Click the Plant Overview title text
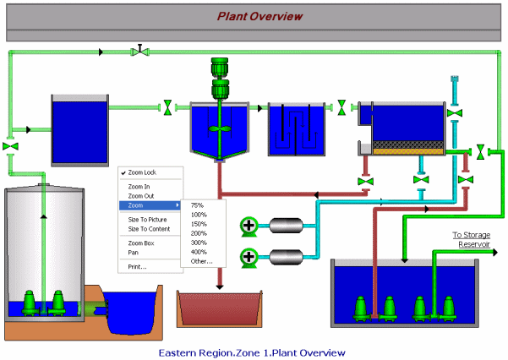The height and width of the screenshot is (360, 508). click(259, 15)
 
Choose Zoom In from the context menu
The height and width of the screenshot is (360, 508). click(139, 187)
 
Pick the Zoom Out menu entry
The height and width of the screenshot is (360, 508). click(140, 195)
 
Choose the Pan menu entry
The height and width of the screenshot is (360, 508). click(134, 252)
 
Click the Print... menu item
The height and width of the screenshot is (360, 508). click(137, 266)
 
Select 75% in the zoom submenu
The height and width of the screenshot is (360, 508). click(197, 205)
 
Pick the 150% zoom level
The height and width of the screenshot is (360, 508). click(199, 223)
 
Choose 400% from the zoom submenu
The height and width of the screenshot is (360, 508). click(199, 252)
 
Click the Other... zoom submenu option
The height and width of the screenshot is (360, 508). click(201, 261)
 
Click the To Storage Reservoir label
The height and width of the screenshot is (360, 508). click(471, 239)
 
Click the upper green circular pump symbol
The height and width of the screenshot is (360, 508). click(249, 226)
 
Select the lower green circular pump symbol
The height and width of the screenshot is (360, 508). click(249, 256)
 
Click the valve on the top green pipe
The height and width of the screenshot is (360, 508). click(139, 52)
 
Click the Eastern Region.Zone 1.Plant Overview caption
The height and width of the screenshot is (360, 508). click(253, 352)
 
